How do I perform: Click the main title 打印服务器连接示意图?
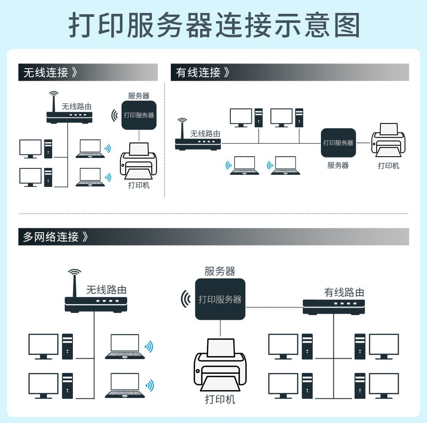point(214,25)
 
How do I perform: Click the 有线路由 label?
point(344,293)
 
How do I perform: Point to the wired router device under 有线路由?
point(334,307)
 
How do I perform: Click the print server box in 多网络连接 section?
point(220,299)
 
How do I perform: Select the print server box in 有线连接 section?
point(338,142)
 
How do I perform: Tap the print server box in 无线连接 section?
point(139,115)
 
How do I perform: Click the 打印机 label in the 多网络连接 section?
point(220,399)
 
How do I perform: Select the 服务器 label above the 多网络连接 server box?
point(220,271)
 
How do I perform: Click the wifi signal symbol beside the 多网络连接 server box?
point(186,299)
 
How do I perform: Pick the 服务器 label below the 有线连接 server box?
point(338,165)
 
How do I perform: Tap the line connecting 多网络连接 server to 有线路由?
point(274,307)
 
